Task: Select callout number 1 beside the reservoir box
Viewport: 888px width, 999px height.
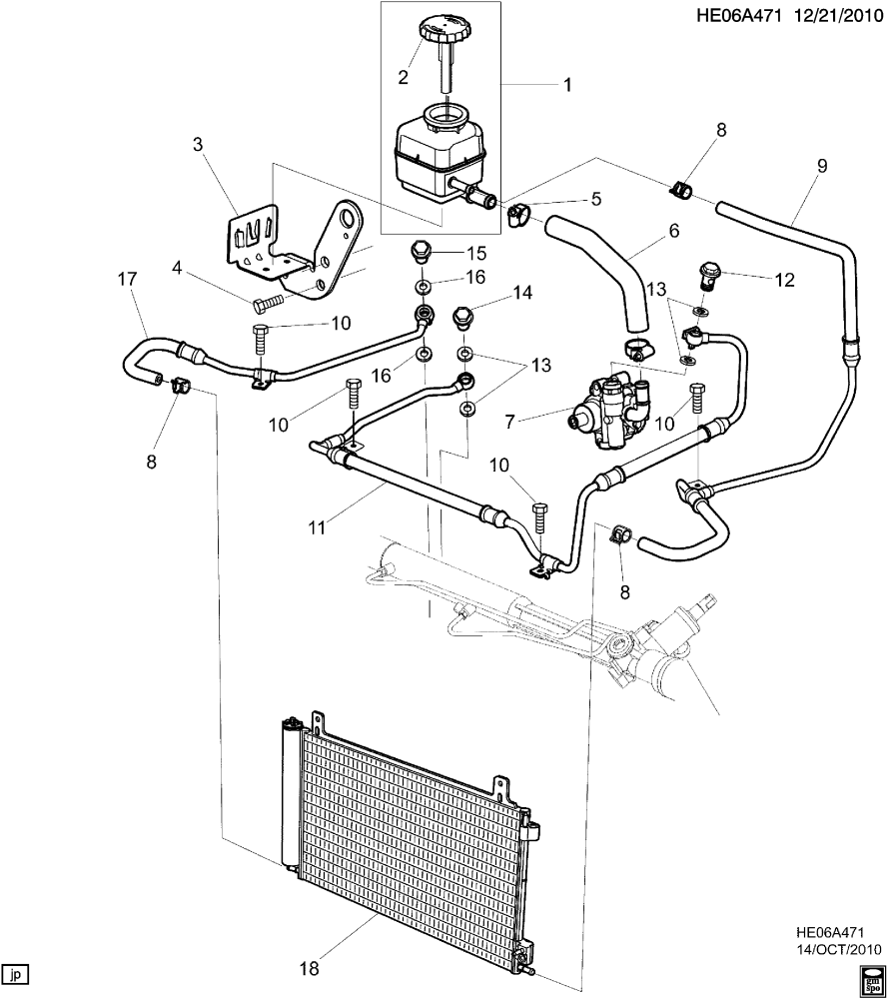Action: point(565,85)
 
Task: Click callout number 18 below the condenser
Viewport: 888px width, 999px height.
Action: point(309,967)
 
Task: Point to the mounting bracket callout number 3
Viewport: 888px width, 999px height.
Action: point(198,145)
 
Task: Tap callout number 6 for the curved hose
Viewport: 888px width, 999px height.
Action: point(673,231)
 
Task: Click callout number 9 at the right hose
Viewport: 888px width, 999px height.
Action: point(822,166)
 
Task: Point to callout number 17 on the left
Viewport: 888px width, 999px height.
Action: point(128,279)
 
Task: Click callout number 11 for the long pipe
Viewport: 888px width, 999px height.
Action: point(317,527)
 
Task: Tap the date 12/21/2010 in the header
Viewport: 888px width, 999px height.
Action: point(836,16)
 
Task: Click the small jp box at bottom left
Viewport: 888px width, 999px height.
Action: point(16,974)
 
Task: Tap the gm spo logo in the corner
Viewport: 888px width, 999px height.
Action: point(871,982)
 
